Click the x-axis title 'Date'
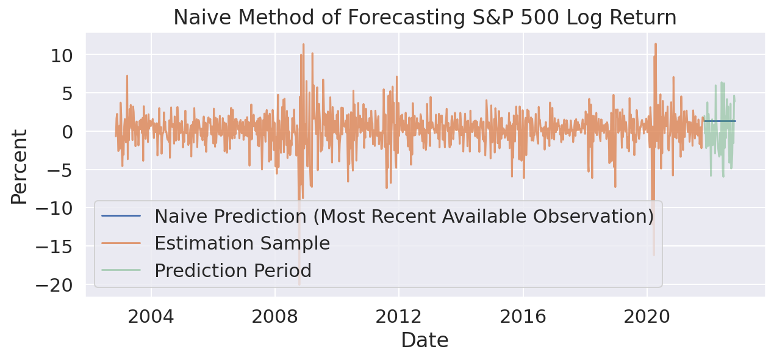425,340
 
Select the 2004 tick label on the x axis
151,317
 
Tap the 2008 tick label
275,317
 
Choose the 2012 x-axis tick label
399,317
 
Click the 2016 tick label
523,317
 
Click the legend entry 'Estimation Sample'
242,243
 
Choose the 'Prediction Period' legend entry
232,270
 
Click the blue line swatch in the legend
121,216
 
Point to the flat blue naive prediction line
720,121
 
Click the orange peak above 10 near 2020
655,44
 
